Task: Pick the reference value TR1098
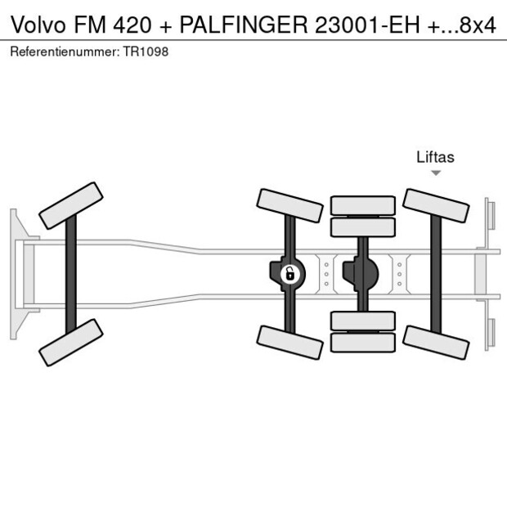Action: [x=148, y=52]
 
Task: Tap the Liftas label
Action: [x=435, y=157]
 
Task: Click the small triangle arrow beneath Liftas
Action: [x=436, y=173]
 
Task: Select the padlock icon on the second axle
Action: [x=289, y=274]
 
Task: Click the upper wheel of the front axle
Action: [x=71, y=205]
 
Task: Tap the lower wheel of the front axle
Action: [x=71, y=342]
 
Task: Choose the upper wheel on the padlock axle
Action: [x=289, y=205]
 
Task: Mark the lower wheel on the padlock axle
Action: [x=289, y=342]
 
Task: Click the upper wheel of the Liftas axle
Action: [x=436, y=205]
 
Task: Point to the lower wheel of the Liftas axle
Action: [x=436, y=342]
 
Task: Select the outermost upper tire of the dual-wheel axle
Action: [x=362, y=204]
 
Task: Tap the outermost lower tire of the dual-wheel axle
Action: [x=362, y=343]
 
